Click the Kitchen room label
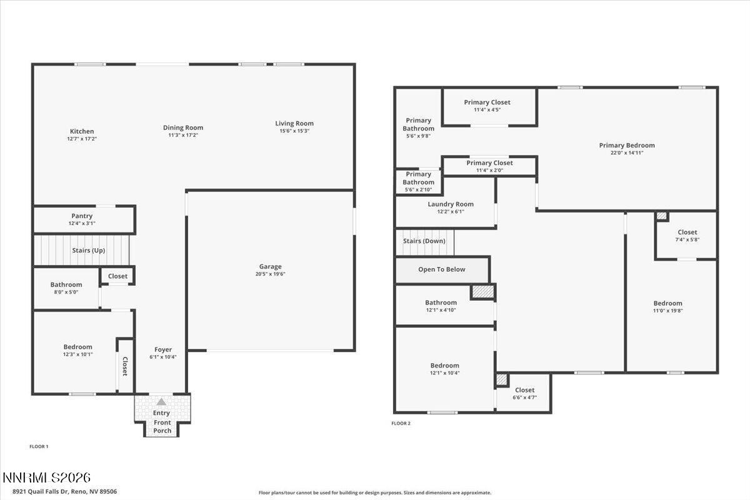coord(82,131)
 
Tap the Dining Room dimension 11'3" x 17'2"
coord(183,135)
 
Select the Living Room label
coord(294,124)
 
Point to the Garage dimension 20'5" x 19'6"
coord(271,274)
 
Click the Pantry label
coord(82,216)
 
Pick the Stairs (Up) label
coord(88,250)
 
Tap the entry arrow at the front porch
coord(161,402)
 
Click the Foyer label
coord(163,349)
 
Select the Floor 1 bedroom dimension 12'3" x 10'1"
coord(78,354)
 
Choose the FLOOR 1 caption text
coord(39,446)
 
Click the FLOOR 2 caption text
coord(401,423)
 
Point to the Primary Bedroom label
coord(627,145)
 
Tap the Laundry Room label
coord(451,204)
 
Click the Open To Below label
coord(442,269)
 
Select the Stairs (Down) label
coord(424,241)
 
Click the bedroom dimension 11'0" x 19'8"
coord(668,310)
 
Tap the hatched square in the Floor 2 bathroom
coord(482,291)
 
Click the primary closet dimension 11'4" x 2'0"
coord(489,170)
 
